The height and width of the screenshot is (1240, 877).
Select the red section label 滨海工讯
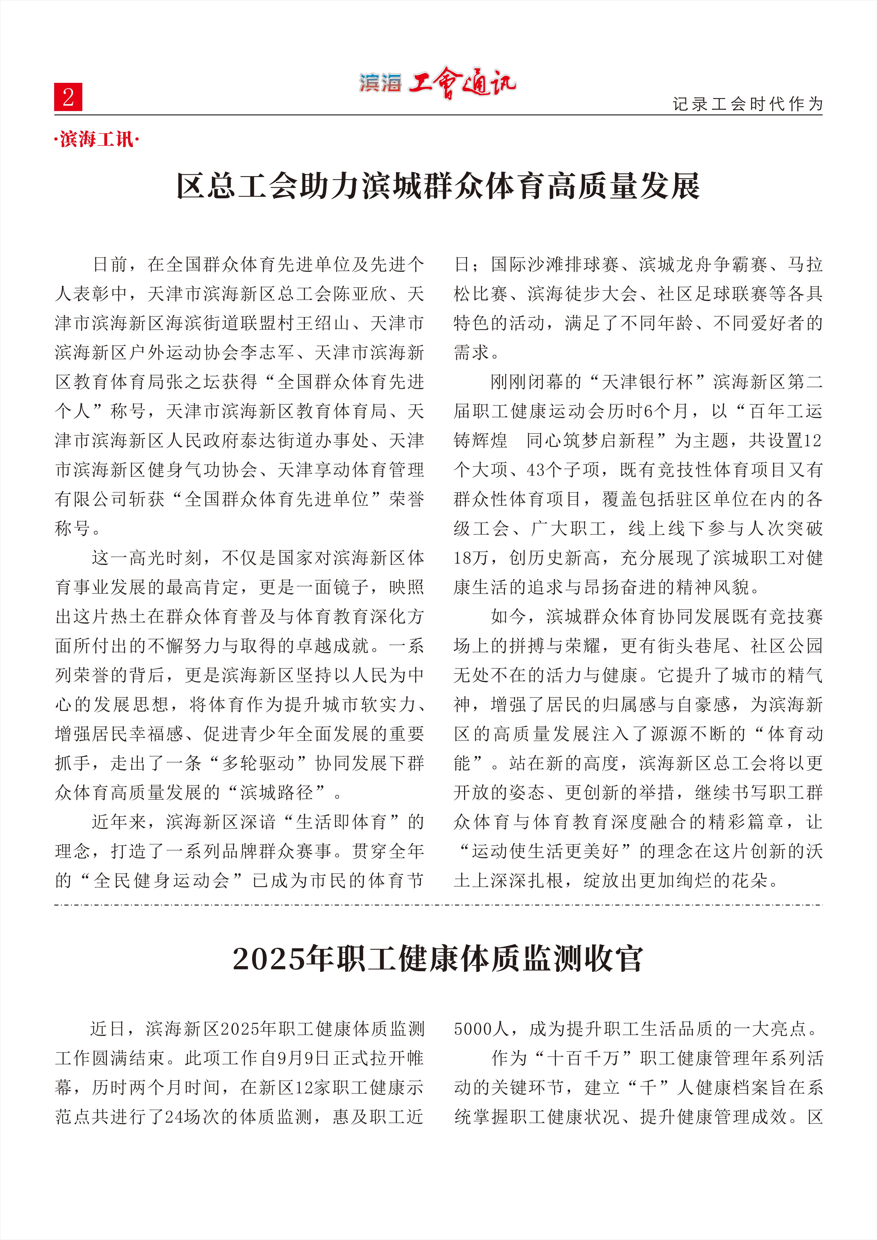(97, 140)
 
